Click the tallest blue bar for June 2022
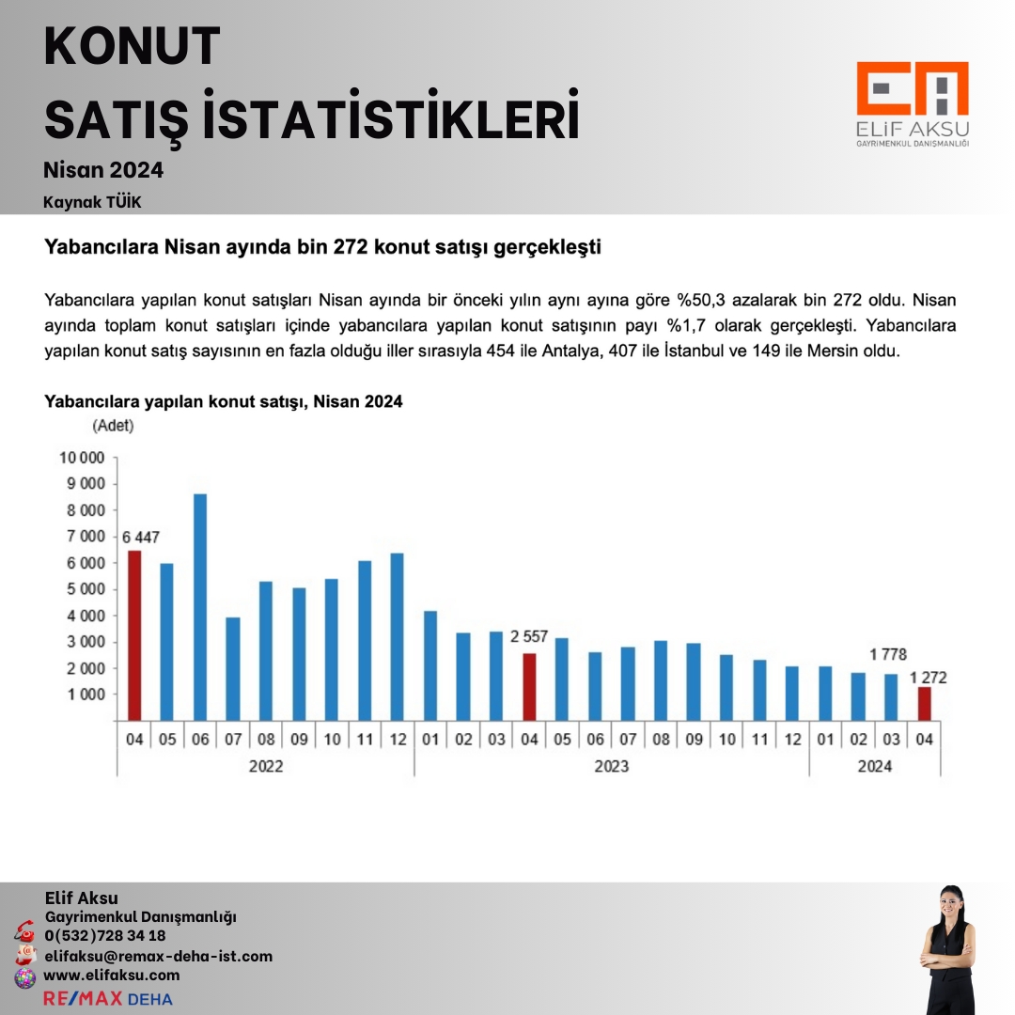tap(200, 607)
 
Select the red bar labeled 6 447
tap(134, 635)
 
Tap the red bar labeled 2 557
tap(529, 687)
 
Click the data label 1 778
tap(887, 654)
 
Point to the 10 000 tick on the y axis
tap(83, 458)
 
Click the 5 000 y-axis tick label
tap(86, 589)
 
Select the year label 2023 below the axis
tap(612, 766)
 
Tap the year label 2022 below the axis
tap(266, 766)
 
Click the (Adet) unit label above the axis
tap(113, 426)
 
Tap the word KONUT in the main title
tap(133, 47)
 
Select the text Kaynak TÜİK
tap(92, 202)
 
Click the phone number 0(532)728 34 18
tap(105, 936)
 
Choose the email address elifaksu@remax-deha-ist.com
tap(158, 957)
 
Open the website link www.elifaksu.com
tap(112, 976)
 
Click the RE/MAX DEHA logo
tap(108, 998)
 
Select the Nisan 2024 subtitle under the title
tap(103, 170)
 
